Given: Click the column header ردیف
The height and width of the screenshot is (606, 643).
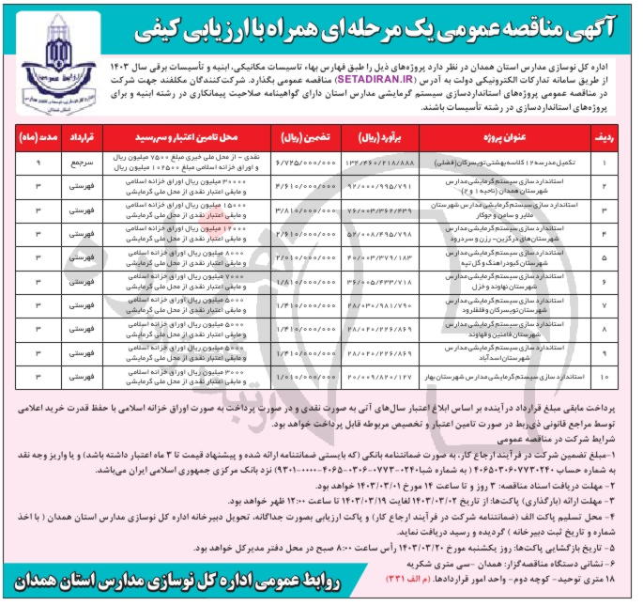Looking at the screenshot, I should (607, 137).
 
